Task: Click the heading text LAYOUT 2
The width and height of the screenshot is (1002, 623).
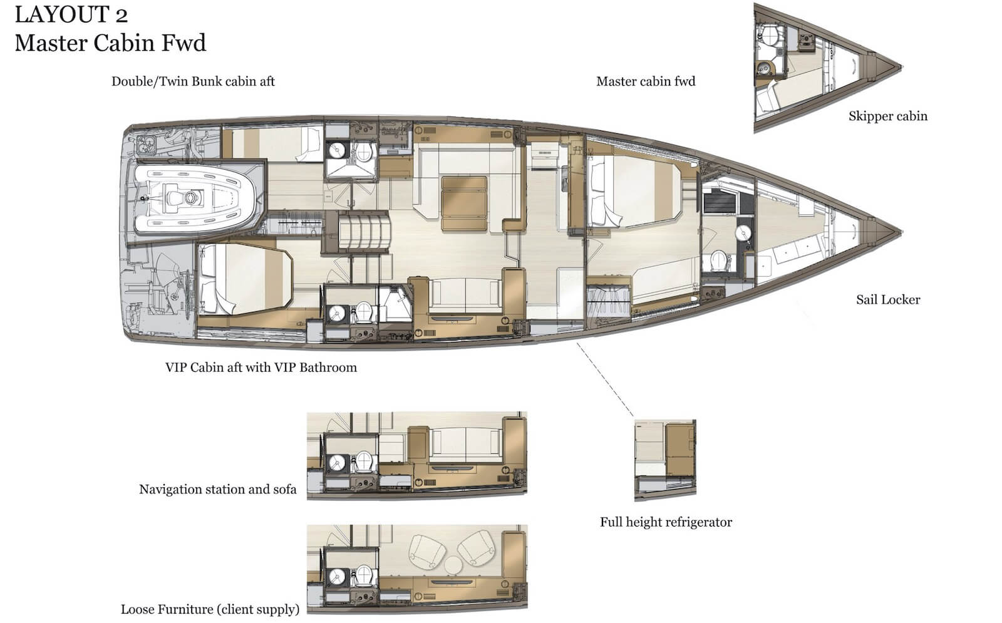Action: point(71,15)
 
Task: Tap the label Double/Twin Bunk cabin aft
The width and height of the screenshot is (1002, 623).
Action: point(193,81)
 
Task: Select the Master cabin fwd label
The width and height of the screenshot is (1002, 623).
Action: point(646,81)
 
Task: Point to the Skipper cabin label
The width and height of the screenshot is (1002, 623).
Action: point(888,116)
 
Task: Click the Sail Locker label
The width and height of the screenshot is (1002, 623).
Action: point(888,300)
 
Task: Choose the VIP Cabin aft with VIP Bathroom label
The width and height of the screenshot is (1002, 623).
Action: point(261,367)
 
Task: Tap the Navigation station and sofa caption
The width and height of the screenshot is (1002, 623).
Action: point(218,489)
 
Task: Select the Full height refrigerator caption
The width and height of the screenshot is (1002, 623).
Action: point(666,522)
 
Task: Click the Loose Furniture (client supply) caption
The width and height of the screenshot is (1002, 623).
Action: point(210,609)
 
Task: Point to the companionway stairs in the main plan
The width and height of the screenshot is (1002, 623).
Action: point(363,232)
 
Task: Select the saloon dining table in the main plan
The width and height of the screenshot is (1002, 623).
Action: point(464,203)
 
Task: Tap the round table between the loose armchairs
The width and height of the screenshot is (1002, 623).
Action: point(453,564)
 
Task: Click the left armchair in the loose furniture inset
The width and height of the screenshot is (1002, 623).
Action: point(427,552)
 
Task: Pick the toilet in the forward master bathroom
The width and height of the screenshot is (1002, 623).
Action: point(718,260)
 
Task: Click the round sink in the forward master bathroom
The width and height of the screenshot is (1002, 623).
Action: point(743,233)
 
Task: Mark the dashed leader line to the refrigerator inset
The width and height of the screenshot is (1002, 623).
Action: point(605,379)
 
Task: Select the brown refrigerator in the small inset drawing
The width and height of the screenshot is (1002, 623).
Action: point(679,450)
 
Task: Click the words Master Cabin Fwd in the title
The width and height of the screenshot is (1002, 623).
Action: point(110,43)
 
